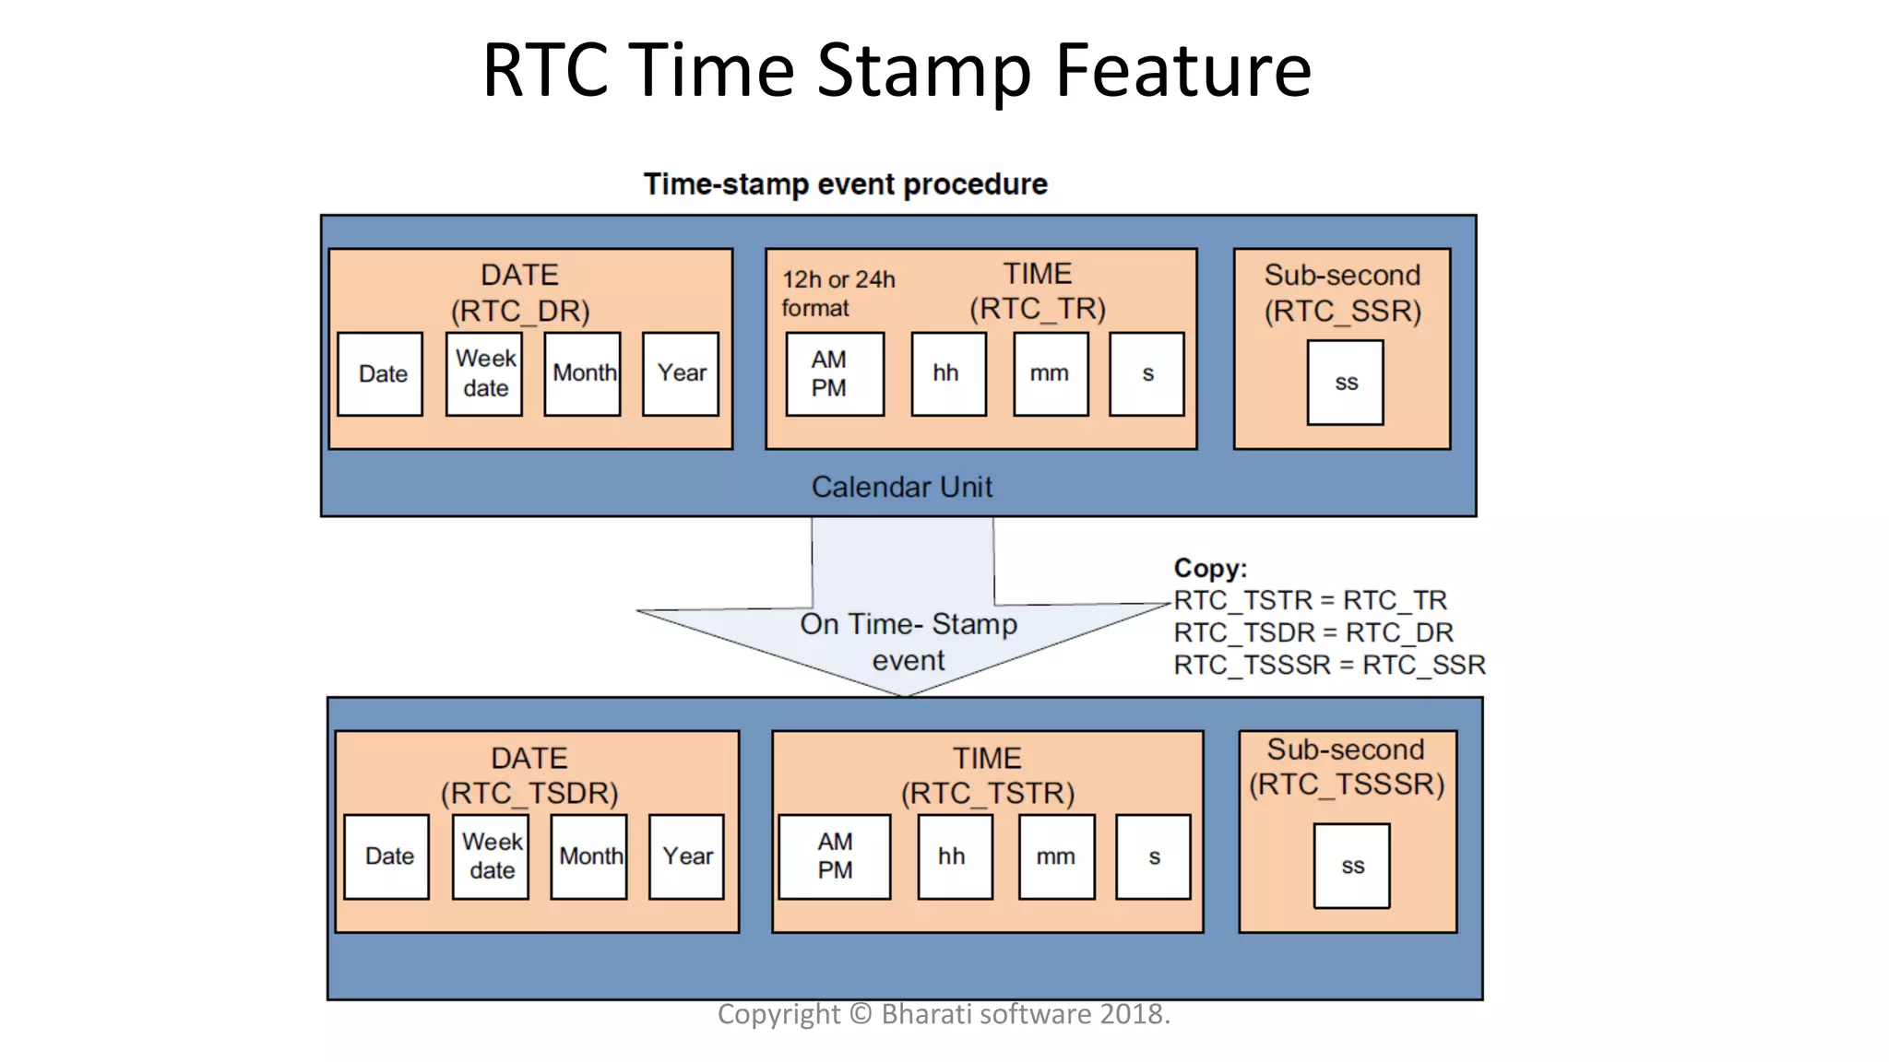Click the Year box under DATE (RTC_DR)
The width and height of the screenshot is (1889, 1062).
click(681, 373)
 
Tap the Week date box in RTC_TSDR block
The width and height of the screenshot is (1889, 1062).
click(491, 856)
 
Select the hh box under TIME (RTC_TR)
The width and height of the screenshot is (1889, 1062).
click(948, 373)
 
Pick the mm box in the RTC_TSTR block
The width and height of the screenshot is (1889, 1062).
click(1056, 856)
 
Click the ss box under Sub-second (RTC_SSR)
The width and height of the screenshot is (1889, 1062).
click(1345, 383)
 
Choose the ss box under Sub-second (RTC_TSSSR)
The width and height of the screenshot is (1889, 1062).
click(1351, 866)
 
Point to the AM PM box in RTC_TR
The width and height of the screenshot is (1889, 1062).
click(835, 373)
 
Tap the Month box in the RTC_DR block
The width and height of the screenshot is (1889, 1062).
click(582, 373)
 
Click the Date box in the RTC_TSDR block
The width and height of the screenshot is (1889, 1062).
click(386, 856)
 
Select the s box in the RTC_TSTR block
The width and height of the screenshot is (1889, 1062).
click(1153, 856)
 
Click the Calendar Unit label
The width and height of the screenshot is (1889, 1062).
click(901, 487)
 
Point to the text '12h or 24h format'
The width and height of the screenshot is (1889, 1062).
click(838, 293)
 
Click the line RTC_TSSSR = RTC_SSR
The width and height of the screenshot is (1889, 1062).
click(1328, 665)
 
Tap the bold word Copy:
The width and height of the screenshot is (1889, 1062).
click(1209, 568)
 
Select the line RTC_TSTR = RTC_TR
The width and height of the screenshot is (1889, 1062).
click(1309, 600)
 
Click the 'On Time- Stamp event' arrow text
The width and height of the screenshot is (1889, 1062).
click(909, 642)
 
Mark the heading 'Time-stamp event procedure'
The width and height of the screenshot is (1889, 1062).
click(845, 184)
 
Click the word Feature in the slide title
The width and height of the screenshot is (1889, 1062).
click(1182, 70)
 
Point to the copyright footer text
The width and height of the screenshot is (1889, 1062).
click(944, 1014)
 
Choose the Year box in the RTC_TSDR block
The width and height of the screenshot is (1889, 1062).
click(686, 856)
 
